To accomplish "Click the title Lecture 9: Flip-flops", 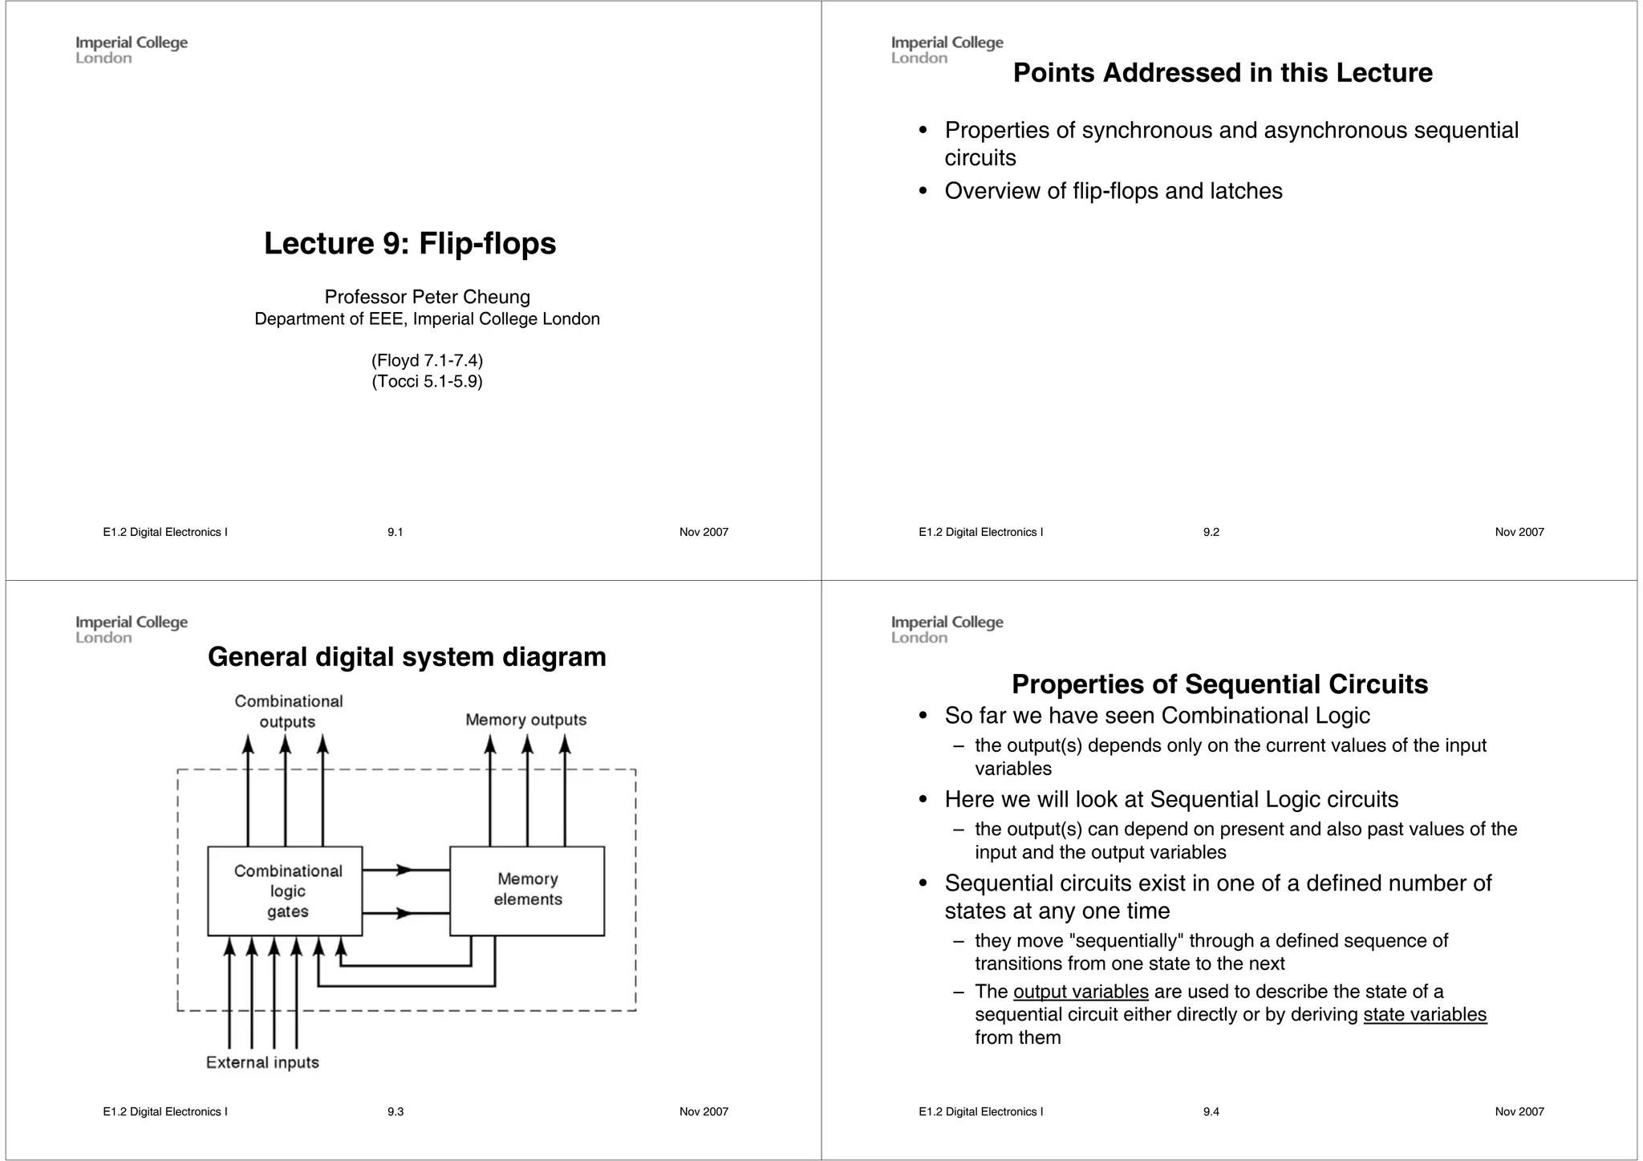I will [410, 243].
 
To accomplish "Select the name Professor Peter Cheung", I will [427, 297].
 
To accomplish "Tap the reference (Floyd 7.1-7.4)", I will [427, 360].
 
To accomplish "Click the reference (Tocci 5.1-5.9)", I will [427, 381].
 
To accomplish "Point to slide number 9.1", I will [395, 532].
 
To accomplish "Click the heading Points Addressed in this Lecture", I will [1222, 73].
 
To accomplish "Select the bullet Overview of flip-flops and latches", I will [1113, 191].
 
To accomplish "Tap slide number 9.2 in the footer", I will [1211, 532].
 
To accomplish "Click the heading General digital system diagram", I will [407, 657].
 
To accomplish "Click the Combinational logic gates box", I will [285, 891].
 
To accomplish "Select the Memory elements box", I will [527, 890].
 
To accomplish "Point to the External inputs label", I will [262, 1062].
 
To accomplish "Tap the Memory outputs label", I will [525, 720].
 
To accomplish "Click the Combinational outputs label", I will [288, 711].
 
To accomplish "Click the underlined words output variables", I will [1081, 992].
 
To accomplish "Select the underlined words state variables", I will [1424, 1015].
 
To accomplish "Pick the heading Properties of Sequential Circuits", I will [1219, 684].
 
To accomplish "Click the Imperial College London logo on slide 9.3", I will [132, 629].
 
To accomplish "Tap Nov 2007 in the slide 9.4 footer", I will [1519, 1111].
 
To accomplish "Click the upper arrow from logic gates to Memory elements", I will [405, 870].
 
